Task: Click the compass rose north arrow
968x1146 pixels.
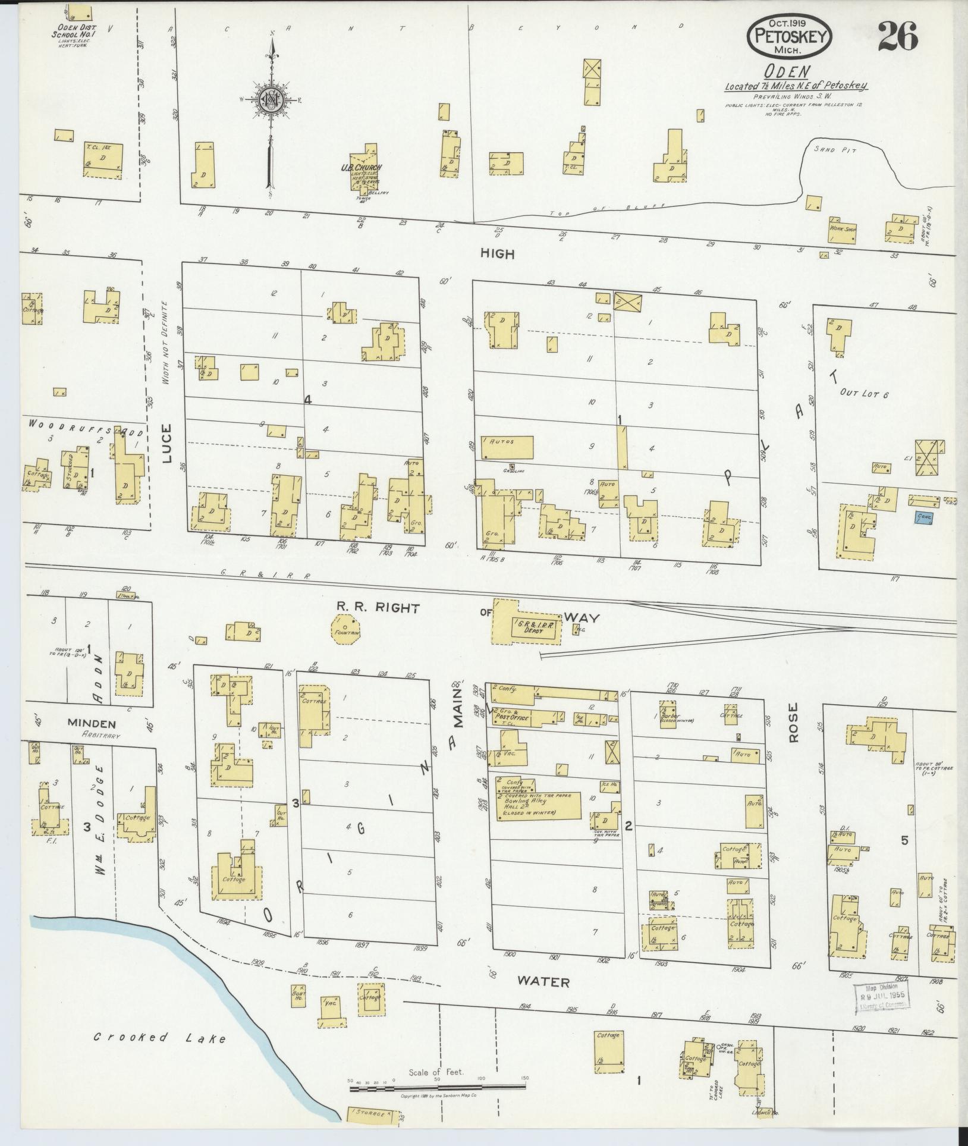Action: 271,101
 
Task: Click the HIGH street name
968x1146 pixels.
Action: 497,254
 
